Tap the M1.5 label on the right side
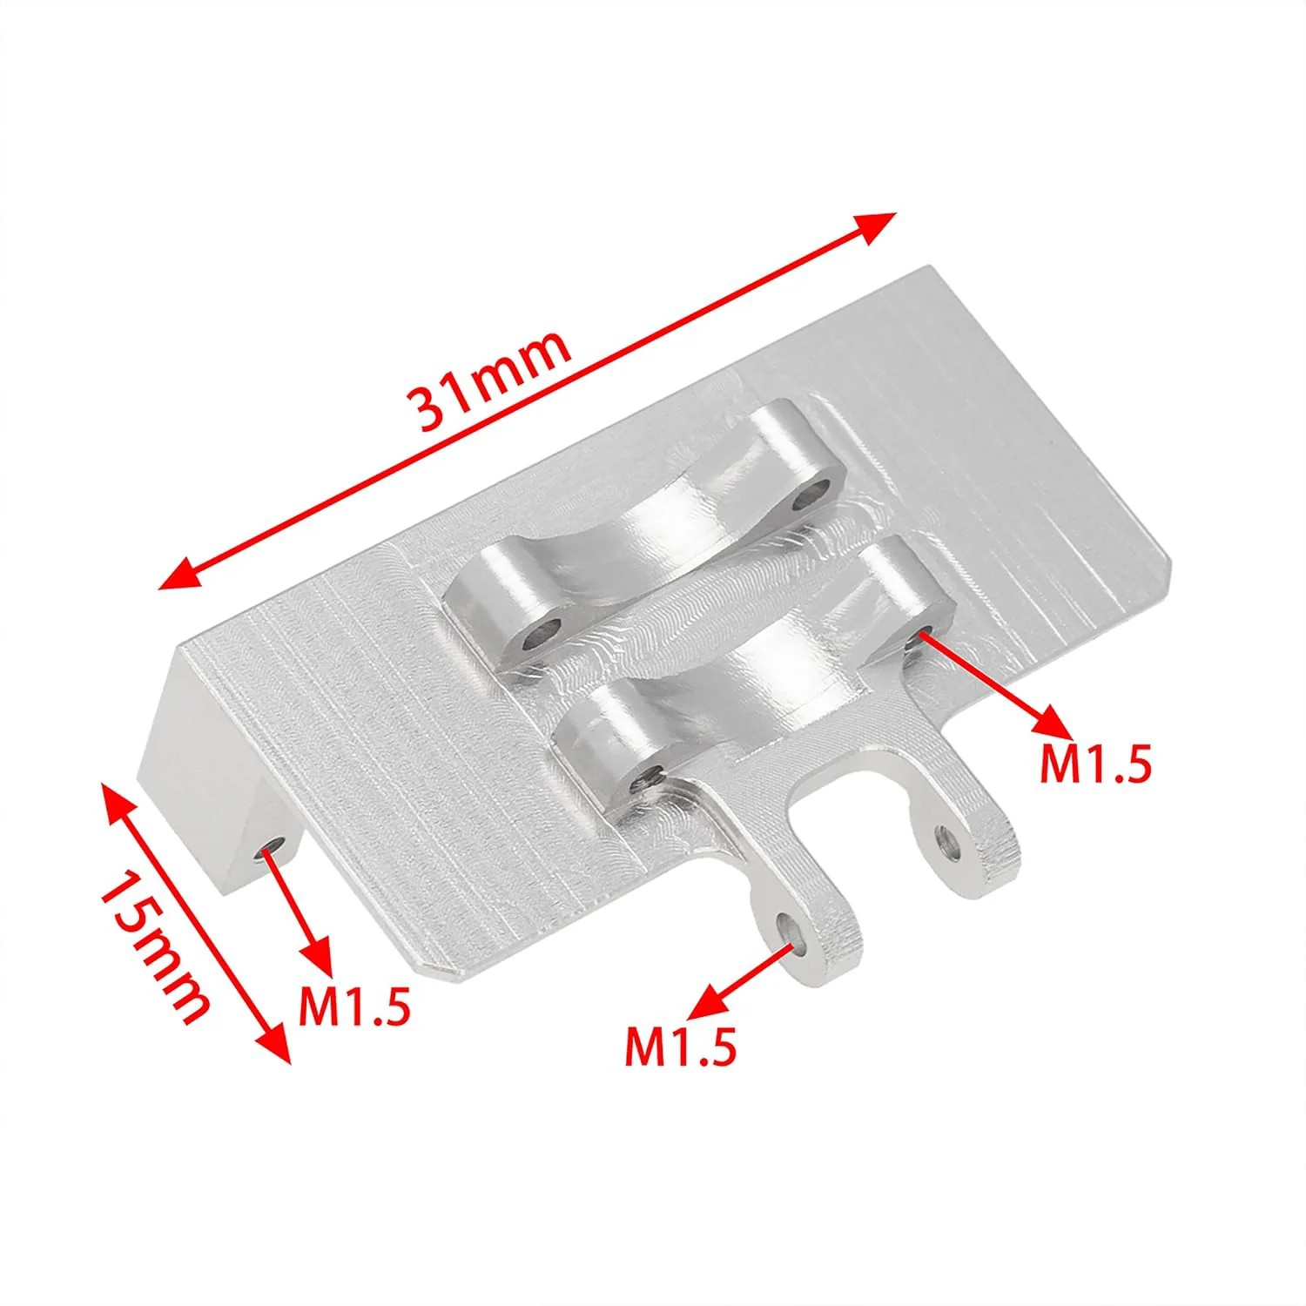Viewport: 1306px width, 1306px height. (1095, 764)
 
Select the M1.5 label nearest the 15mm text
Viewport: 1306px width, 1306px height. (353, 1007)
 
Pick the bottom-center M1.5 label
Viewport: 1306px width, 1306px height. (680, 1047)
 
